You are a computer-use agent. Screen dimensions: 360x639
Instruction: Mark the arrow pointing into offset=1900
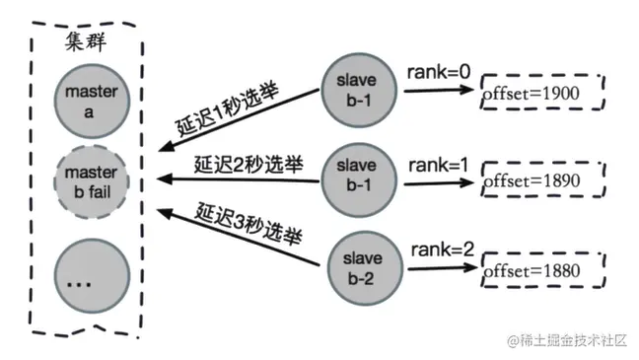pyautogui.click(x=433, y=91)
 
